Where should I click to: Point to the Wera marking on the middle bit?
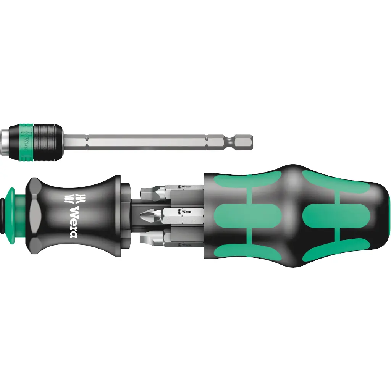pos(186,211)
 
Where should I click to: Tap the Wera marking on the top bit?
pos(186,187)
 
